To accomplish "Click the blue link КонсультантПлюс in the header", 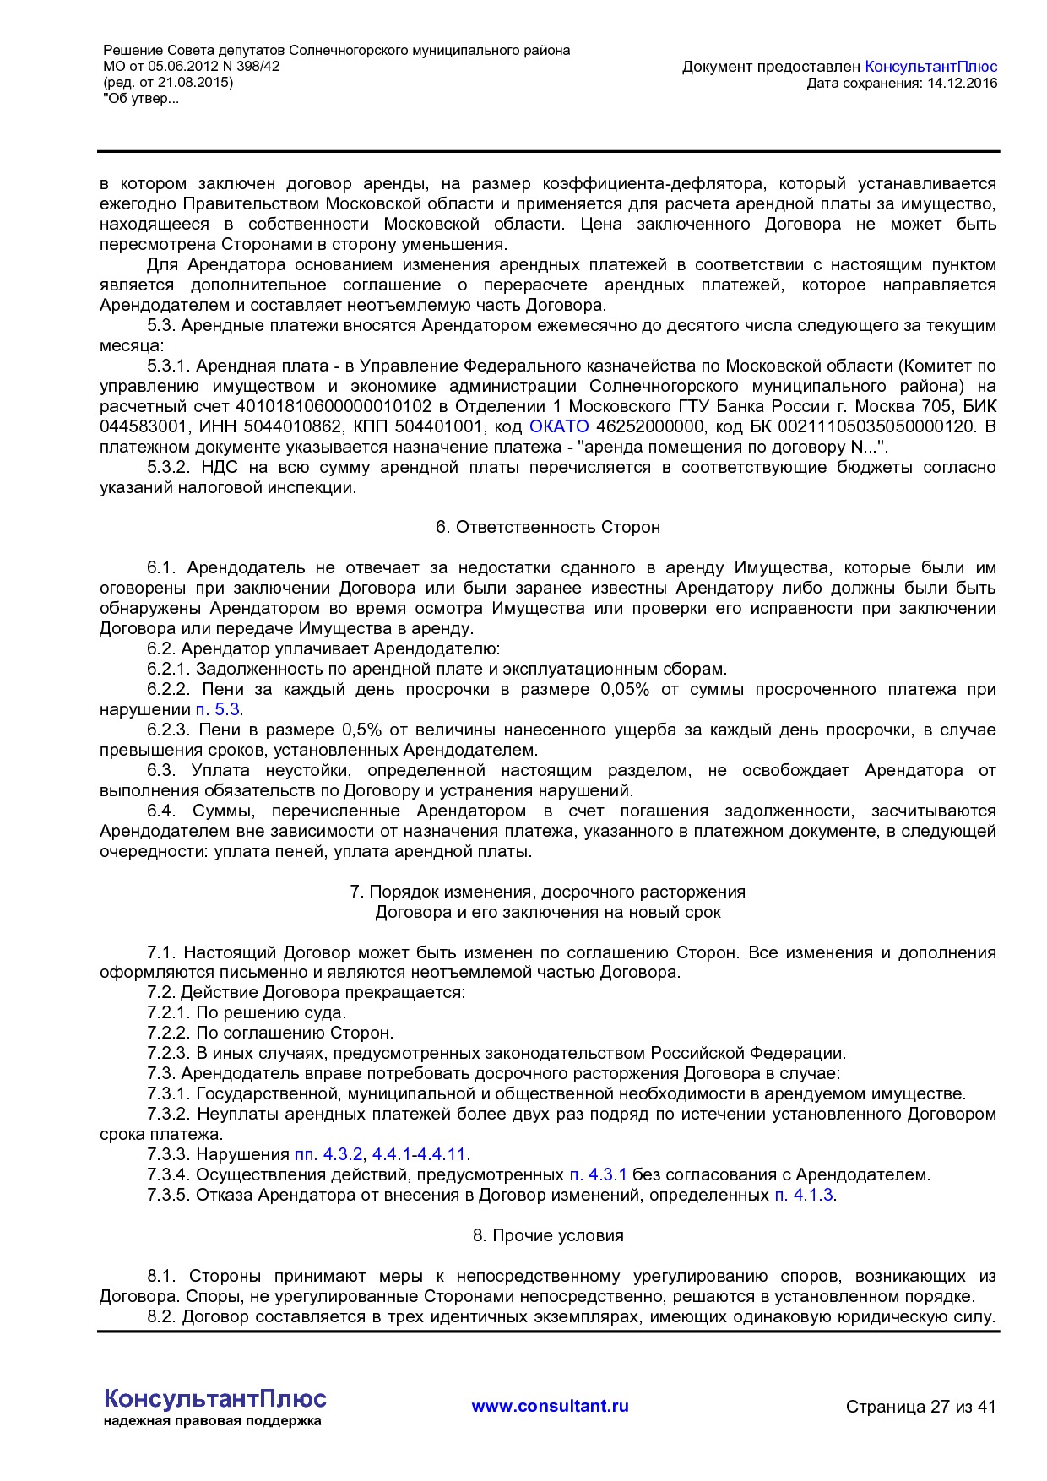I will coord(930,67).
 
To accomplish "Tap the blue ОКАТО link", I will coord(558,426).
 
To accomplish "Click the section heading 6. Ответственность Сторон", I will coord(547,527).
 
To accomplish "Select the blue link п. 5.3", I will coord(218,709).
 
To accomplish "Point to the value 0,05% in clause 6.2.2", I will coord(624,689).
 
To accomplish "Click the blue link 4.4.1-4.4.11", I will coord(419,1154).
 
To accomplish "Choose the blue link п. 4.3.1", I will coord(598,1174).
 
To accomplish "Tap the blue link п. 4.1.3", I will coord(804,1195).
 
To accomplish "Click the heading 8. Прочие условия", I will coord(547,1235).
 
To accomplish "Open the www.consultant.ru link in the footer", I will coord(550,1406).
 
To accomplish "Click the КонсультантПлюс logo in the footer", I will coord(214,1398).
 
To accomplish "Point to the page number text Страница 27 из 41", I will coord(920,1407).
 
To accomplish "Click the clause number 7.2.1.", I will coord(168,1012).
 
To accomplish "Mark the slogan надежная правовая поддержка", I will coord(212,1421).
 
